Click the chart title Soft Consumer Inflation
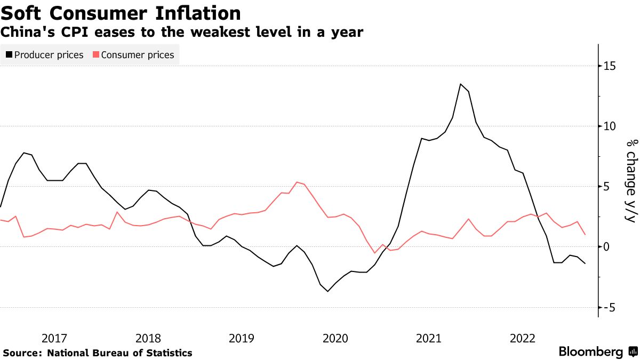[x=121, y=12]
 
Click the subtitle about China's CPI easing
[x=182, y=33]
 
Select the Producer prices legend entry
[x=45, y=54]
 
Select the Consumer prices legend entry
[x=133, y=54]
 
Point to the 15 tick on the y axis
[x=609, y=66]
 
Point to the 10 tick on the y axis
[x=609, y=126]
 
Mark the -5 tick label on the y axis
[x=610, y=307]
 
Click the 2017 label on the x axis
[x=54, y=338]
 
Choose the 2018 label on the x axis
[x=148, y=338]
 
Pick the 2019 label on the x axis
[x=242, y=338]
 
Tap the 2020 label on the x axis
[x=335, y=338]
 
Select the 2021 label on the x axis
[x=429, y=338]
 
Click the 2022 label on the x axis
[x=523, y=338]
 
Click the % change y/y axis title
[x=631, y=181]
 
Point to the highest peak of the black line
[x=461, y=84]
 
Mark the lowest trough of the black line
[x=327, y=291]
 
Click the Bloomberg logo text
[x=591, y=352]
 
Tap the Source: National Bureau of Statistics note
[x=98, y=353]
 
